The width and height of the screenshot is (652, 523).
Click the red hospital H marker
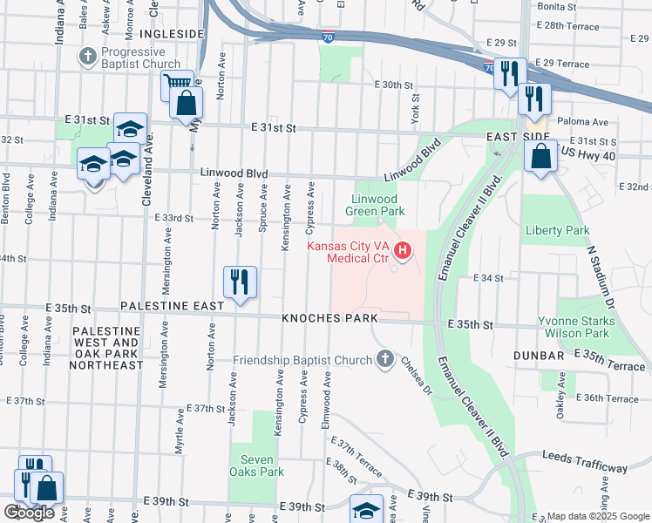point(403,253)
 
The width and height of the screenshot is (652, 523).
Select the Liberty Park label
point(558,231)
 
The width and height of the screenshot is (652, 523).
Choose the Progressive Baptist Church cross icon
point(87,58)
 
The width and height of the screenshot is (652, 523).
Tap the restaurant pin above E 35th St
point(240,282)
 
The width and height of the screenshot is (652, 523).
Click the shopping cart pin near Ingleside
point(177,85)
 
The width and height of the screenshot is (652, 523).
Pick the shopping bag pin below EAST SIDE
point(541,157)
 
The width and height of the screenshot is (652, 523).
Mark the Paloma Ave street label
point(588,123)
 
